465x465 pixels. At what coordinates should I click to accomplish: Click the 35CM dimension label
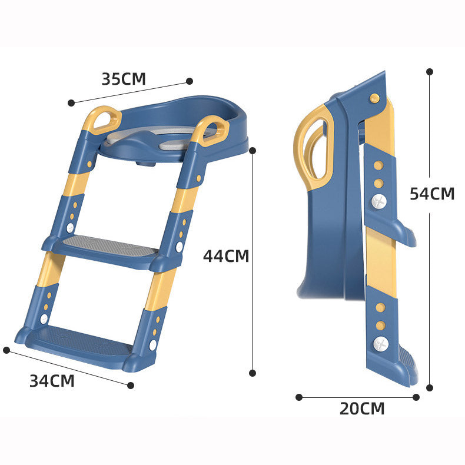click(x=124, y=79)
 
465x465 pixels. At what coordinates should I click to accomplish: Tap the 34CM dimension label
click(x=52, y=381)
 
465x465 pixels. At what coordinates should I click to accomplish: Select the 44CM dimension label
click(x=226, y=256)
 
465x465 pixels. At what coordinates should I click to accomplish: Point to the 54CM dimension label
click(x=432, y=194)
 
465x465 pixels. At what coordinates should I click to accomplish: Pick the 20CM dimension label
click(x=362, y=408)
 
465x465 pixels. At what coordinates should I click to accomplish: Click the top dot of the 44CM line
click(x=253, y=151)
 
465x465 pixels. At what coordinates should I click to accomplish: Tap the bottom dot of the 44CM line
click(x=253, y=373)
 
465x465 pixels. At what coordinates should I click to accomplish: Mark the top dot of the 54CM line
click(x=430, y=71)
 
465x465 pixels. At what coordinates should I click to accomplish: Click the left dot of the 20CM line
click(x=299, y=397)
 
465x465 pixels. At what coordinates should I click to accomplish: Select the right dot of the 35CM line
click(x=190, y=81)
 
